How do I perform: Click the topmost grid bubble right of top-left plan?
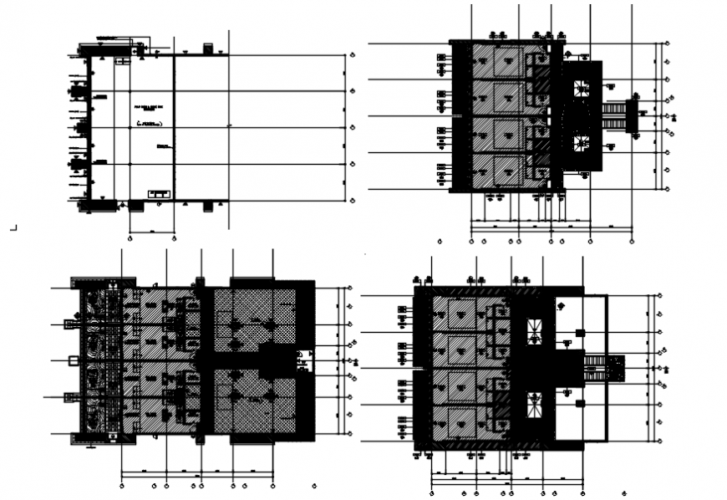click(352, 54)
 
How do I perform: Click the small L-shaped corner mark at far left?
click(13, 226)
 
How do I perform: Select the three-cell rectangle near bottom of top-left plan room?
click(158, 194)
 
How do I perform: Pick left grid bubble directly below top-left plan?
click(130, 239)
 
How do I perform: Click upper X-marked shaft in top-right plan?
click(581, 88)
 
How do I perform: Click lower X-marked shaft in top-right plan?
click(581, 143)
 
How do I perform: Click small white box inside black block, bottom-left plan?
click(303, 360)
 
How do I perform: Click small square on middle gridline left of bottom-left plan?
click(72, 360)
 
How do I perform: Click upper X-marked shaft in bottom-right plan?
click(534, 330)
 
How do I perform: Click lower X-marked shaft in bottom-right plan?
click(534, 405)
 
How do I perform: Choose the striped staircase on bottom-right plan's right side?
click(597, 366)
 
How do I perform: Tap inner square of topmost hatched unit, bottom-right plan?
click(461, 314)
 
